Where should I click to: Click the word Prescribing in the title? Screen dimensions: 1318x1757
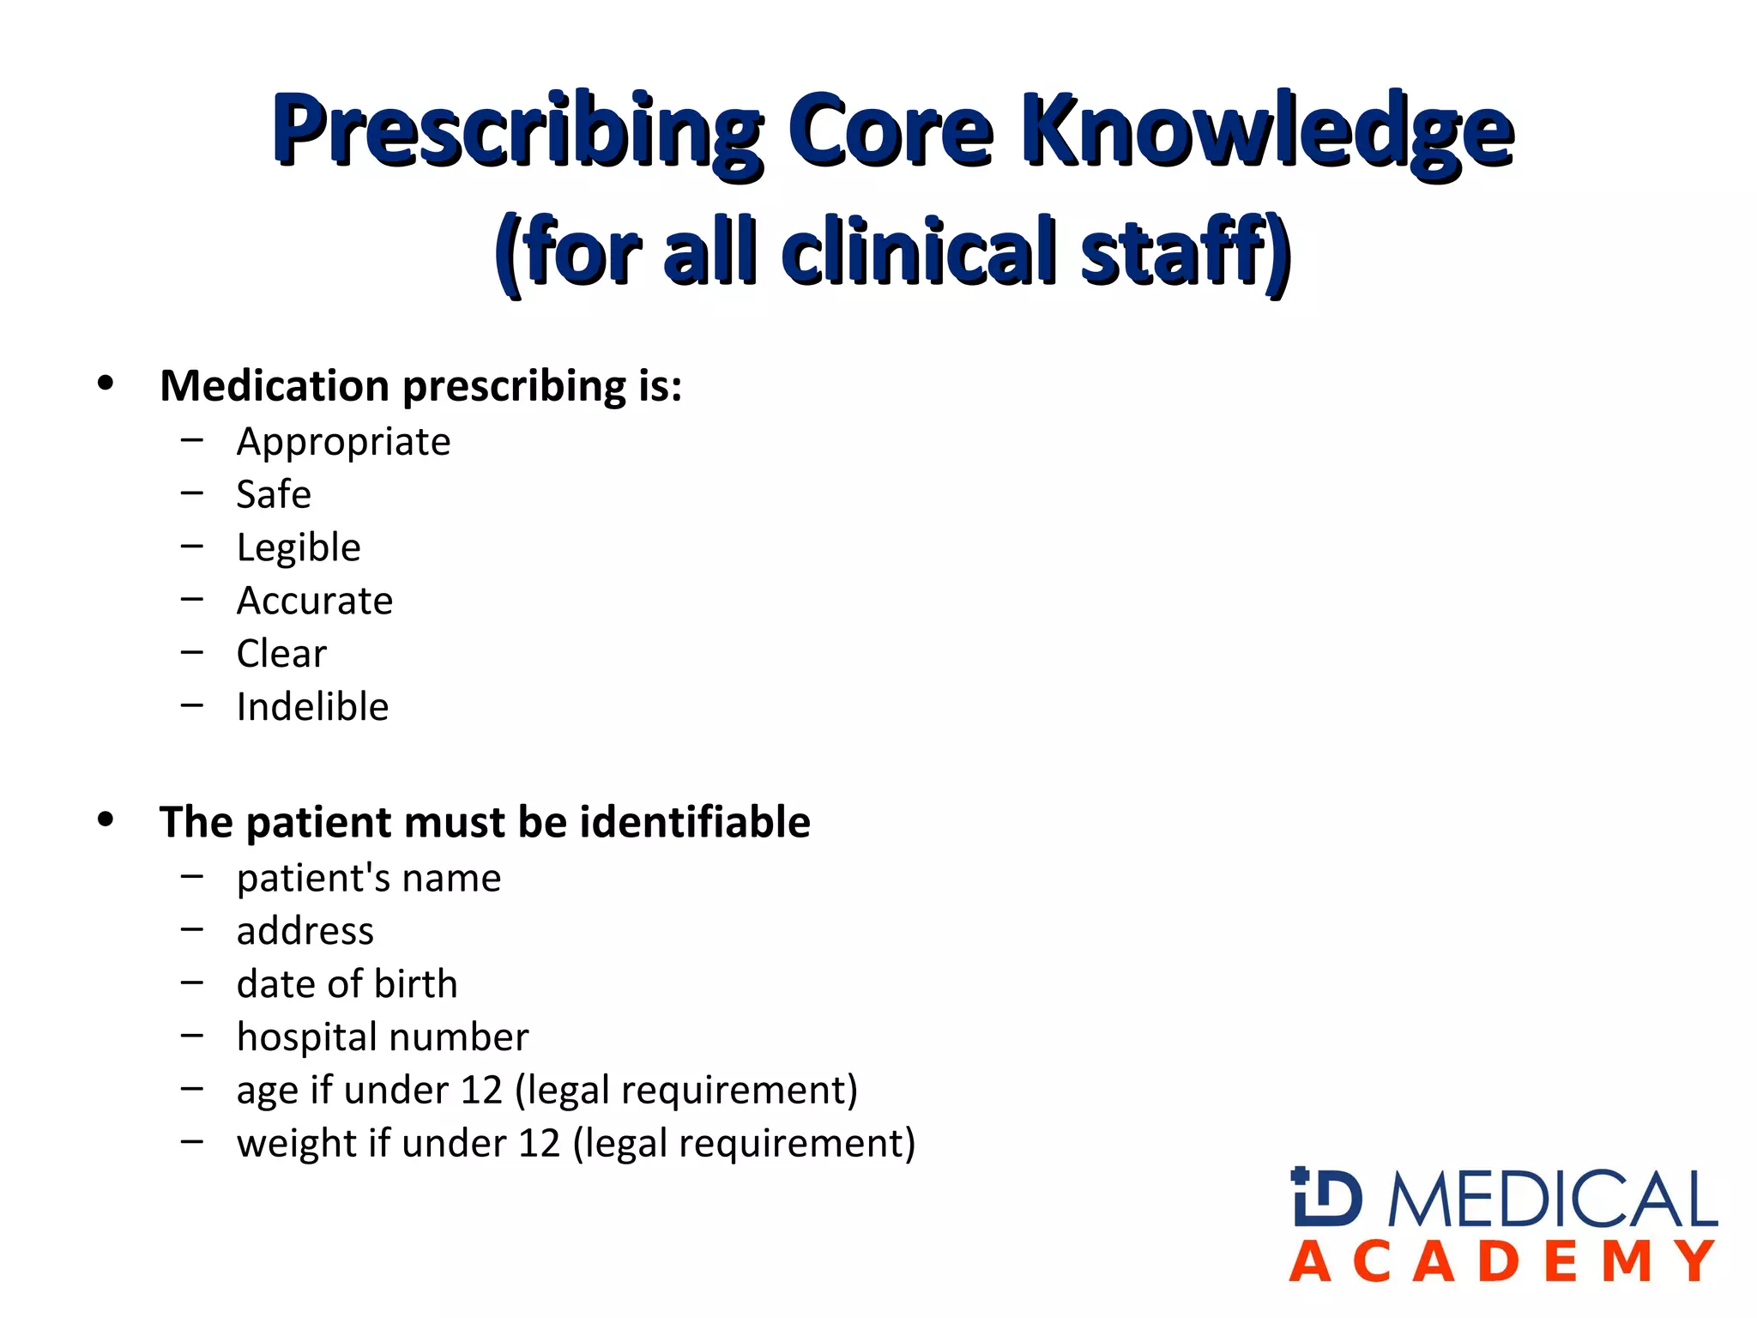pos(517,131)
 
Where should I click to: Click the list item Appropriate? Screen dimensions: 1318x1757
pos(343,443)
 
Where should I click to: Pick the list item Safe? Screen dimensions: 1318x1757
pos(274,495)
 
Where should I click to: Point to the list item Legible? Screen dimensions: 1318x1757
pos(299,548)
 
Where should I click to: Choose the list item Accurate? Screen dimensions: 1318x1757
pos(315,601)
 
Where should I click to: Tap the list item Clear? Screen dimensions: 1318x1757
pos(281,654)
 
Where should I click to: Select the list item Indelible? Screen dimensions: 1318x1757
pos(312,707)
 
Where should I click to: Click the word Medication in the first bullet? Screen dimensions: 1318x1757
pos(275,385)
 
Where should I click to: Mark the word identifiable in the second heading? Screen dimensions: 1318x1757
pos(695,822)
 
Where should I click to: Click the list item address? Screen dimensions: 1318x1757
pos(305,931)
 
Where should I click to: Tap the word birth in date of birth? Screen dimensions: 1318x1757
pos(415,984)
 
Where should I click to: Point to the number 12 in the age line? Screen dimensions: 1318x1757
pos(480,1091)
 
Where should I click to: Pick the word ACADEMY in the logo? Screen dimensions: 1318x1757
pos(1502,1262)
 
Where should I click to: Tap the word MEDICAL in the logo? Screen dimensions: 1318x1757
pos(1553,1199)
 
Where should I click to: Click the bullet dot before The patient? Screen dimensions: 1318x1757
pos(106,820)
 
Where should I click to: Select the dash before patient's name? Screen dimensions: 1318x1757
pos(192,877)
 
